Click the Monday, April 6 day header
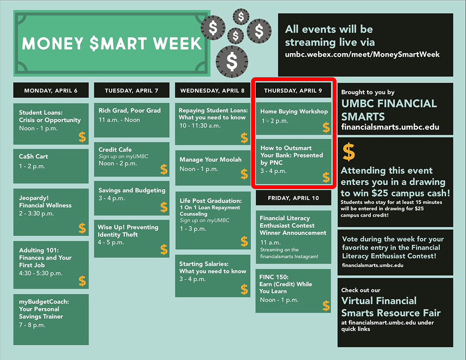pyautogui.click(x=51, y=90)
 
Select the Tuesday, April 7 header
pyautogui.click(x=132, y=90)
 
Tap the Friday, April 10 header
pyautogui.click(x=293, y=198)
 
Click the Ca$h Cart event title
pyautogui.click(x=33, y=156)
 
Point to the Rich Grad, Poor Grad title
pyautogui.click(x=129, y=111)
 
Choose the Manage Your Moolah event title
pyautogui.click(x=211, y=160)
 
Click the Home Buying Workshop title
pyautogui.click(x=294, y=111)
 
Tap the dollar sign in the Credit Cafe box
pyautogui.click(x=164, y=169)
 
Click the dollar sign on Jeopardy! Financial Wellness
pyautogui.click(x=82, y=228)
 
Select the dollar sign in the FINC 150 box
pyautogui.click(x=326, y=306)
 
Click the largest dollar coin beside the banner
pyautogui.click(x=232, y=62)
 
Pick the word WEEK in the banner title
pyautogui.click(x=177, y=44)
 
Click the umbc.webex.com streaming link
pyautogui.click(x=362, y=54)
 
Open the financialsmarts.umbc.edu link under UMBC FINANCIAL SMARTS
pyautogui.click(x=390, y=127)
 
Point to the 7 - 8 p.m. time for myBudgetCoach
pyautogui.click(x=32, y=325)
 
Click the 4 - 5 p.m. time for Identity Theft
pyautogui.click(x=111, y=242)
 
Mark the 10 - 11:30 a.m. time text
pyautogui.click(x=200, y=126)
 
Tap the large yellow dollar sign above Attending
pyautogui.click(x=349, y=152)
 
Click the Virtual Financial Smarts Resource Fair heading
pyautogui.click(x=391, y=307)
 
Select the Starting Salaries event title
pyautogui.click(x=212, y=267)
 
